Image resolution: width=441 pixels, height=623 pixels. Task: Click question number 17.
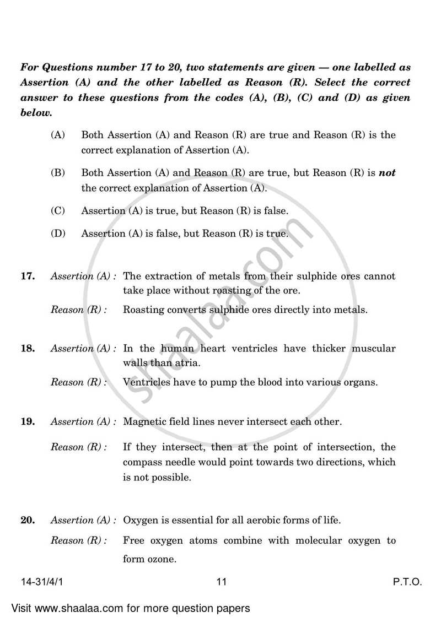(x=27, y=276)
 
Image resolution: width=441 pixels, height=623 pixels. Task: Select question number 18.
(x=27, y=348)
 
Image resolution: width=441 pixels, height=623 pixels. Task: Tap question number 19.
(x=27, y=421)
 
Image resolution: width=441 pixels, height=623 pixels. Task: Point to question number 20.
(x=27, y=520)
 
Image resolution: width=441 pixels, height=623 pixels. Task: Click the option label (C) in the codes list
(x=58, y=211)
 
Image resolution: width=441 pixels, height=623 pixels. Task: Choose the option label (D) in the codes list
(x=58, y=234)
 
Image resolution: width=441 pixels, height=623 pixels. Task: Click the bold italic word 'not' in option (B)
(x=387, y=172)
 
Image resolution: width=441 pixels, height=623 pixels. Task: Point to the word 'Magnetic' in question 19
(x=143, y=422)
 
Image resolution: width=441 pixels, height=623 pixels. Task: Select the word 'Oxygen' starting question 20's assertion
(x=140, y=520)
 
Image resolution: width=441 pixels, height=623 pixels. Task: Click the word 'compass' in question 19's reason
(x=143, y=462)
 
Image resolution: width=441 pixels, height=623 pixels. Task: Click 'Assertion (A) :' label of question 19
(x=83, y=422)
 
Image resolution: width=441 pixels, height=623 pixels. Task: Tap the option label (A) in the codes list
(x=58, y=135)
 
